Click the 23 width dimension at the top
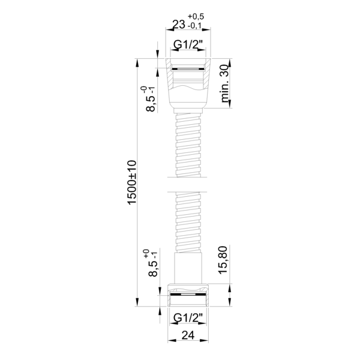tap(179, 25)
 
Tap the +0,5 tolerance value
tap(196, 17)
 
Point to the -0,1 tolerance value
tap(194, 26)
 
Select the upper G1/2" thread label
tap(188, 45)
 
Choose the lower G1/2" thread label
tap(188, 318)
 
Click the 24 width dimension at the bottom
tap(188, 335)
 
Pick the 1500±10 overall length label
tap(132, 182)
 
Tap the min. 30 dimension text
tap(224, 83)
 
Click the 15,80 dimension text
tap(223, 260)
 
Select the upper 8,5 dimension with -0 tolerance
tap(150, 99)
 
